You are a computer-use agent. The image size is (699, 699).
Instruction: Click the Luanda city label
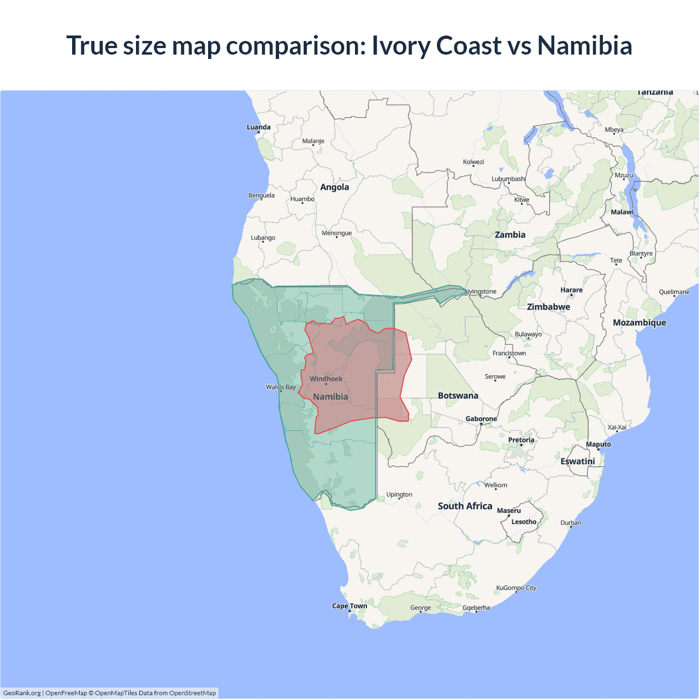coord(258,127)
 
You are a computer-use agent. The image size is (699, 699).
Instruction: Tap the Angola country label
coord(334,187)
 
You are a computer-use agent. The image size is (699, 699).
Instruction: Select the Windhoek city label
coord(326,379)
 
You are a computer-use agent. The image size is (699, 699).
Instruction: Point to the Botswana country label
coord(458,396)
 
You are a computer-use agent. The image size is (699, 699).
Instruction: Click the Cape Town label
coord(349,606)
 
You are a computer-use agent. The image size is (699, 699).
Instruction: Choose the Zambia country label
coord(510,235)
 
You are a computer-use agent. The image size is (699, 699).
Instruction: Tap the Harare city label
coord(571,290)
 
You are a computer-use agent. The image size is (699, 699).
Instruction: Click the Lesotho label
coord(524,522)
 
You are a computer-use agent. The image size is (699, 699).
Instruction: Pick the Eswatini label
coord(577,461)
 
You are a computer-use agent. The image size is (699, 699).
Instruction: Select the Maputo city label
coord(598,445)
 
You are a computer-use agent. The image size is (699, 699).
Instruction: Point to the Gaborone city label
coord(481,419)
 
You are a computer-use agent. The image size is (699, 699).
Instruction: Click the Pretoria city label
coord(521,440)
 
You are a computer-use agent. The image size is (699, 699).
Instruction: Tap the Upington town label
coord(399,495)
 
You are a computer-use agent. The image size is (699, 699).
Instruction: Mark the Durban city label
coord(571,523)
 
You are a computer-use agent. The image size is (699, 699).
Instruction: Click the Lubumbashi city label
coord(508,179)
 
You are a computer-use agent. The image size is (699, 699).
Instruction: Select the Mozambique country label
coord(639,323)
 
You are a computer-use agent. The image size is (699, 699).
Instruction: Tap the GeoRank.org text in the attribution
coord(22,693)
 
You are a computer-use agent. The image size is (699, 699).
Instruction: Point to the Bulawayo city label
coord(528,334)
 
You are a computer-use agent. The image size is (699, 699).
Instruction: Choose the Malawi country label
coord(622,212)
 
